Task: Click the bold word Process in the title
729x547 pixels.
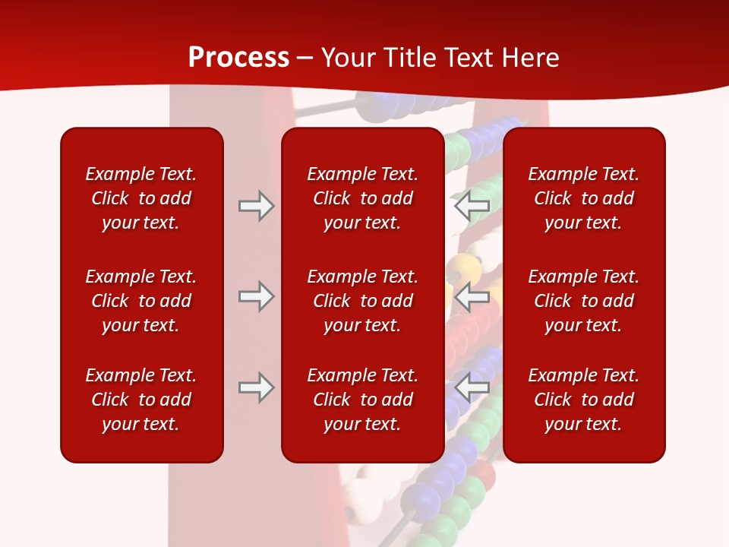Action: pos(238,57)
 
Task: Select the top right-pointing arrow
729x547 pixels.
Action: pos(256,206)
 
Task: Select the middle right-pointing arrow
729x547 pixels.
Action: pos(256,296)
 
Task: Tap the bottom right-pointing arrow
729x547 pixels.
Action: pos(256,387)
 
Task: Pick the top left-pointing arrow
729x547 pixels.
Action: pos(472,206)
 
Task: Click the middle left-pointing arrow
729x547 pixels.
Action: pos(472,296)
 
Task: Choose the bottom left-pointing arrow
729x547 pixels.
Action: pos(472,387)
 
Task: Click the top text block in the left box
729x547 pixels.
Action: pos(141,198)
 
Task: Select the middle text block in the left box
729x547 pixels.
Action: pos(141,301)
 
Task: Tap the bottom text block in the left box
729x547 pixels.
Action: pos(141,400)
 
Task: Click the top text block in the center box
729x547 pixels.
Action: pos(363,198)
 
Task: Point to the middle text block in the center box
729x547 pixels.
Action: pos(363,301)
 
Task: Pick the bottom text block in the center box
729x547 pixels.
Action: pos(363,400)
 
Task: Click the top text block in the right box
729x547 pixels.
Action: pos(584,198)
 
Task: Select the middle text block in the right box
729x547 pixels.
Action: pos(584,301)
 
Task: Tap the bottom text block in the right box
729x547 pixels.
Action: pos(584,400)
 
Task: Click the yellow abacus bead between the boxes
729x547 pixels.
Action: pos(460,268)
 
